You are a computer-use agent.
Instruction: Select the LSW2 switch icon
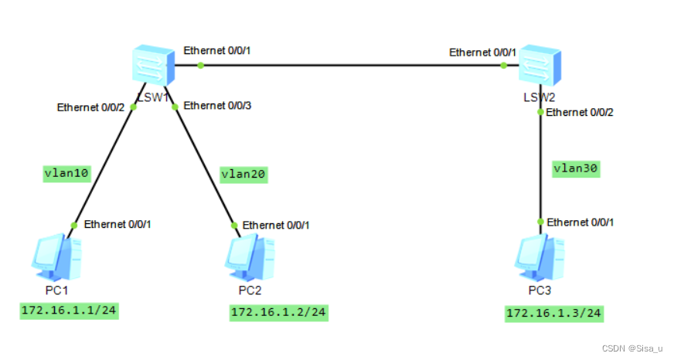[539, 65]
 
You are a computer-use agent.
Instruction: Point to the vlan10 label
[66, 174]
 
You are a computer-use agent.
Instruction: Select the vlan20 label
[243, 175]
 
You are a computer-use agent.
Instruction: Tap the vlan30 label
[576, 168]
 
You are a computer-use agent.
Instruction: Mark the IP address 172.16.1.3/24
[553, 313]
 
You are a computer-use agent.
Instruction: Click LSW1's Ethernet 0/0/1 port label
[218, 52]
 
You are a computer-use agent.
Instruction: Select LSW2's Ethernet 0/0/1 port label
[483, 53]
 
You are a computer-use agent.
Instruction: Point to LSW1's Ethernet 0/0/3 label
[217, 105]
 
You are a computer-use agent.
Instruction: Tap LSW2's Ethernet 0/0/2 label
[580, 112]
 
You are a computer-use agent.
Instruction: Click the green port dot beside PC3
[540, 221]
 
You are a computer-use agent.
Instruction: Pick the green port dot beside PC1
[74, 225]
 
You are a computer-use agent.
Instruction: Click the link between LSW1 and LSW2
[348, 66]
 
